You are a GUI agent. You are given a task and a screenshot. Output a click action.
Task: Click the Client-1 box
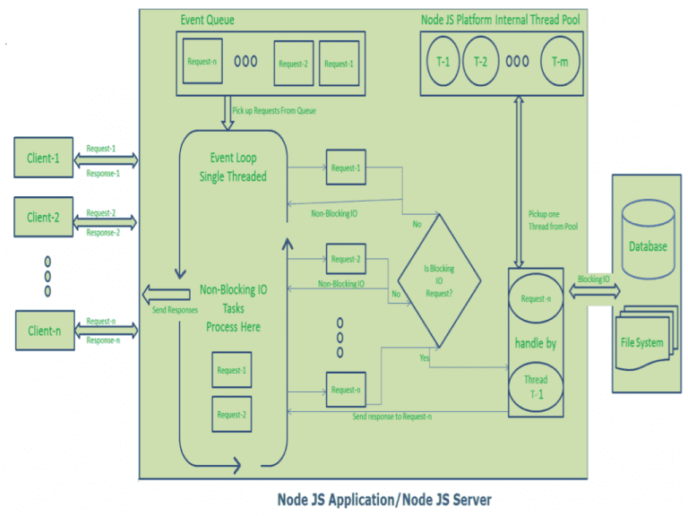pos(43,157)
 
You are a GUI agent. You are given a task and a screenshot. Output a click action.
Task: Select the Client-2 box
pos(43,217)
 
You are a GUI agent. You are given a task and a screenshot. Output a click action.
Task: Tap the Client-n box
pos(45,331)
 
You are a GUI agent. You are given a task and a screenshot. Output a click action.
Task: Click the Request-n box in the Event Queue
pos(202,61)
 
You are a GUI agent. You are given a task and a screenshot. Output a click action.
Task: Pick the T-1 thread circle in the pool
pos(443,61)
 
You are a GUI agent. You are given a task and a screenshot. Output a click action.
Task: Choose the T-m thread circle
pos(560,61)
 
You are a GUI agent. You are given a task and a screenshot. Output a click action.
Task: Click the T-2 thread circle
pos(481,61)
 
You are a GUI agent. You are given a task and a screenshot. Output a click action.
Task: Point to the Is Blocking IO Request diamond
pos(439,280)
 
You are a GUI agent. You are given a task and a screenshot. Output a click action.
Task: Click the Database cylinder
pos(648,239)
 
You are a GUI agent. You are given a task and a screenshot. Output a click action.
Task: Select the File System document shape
pos(644,338)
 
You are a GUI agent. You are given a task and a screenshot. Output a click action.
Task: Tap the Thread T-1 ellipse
pos(536,387)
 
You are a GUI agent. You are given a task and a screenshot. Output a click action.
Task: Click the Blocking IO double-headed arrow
pos(595,290)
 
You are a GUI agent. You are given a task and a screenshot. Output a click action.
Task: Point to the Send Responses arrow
pos(167,294)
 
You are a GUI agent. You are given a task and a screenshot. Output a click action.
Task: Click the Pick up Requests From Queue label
pos(274,110)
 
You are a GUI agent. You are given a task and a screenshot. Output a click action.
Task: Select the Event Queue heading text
pos(208,20)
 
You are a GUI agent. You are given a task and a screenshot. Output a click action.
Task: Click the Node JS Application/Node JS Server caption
pos(384,499)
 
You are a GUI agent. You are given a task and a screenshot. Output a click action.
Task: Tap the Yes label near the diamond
pos(425,357)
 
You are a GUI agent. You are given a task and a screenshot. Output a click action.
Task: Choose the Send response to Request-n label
pos(392,417)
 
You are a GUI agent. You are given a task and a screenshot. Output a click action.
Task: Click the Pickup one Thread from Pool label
pos(553,220)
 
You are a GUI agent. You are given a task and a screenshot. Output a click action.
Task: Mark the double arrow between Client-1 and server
pos(106,160)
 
